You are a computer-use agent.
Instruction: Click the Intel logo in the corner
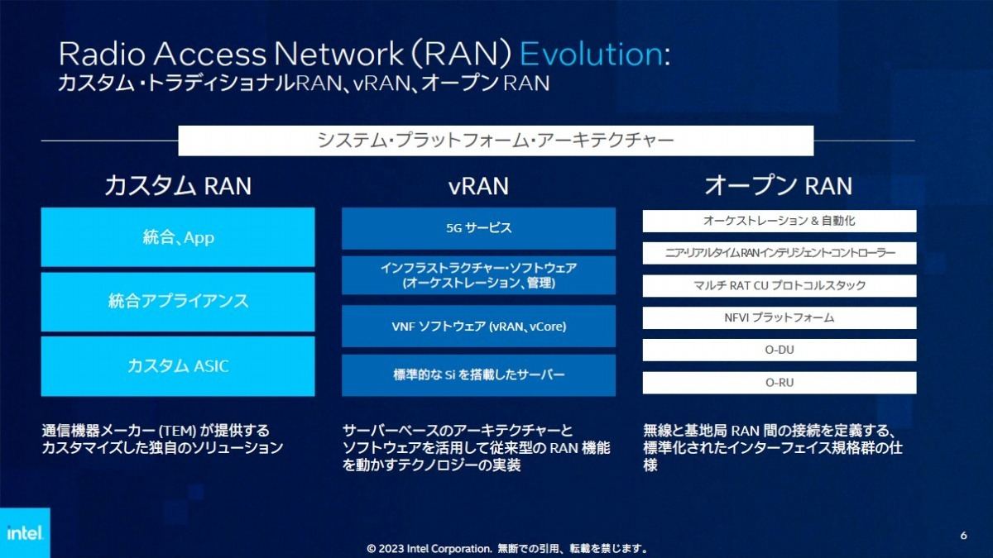tap(25, 532)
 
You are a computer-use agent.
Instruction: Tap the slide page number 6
tap(963, 536)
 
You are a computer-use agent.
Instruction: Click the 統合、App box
tap(178, 237)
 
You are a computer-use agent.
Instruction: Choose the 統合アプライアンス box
tap(178, 302)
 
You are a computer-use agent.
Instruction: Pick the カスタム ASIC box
tap(178, 366)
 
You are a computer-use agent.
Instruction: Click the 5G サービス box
tap(478, 228)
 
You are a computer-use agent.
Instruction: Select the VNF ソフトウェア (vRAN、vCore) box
tap(478, 327)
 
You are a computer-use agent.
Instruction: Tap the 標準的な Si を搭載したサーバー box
tap(478, 375)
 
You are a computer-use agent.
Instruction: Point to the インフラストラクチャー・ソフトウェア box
tap(478, 275)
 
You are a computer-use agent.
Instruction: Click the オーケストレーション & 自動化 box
tap(780, 221)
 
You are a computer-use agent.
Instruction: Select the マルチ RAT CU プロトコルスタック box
tap(780, 286)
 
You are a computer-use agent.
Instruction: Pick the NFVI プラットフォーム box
tap(780, 318)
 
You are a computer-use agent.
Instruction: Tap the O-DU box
tap(780, 350)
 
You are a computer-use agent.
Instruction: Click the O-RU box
tap(780, 383)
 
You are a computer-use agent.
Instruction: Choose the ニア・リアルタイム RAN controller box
tap(780, 253)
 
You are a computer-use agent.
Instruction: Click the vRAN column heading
tap(478, 186)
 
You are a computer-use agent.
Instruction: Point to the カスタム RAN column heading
tap(178, 185)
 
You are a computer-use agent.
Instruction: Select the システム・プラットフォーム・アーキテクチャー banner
tap(496, 141)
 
